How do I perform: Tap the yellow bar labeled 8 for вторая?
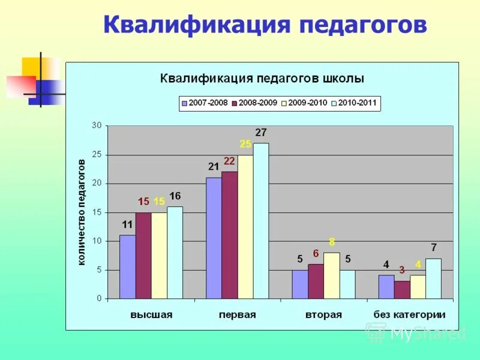[331, 275]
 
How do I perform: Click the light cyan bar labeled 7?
[433, 278]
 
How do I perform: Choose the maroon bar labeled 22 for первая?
[229, 235]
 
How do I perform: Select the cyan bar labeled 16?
[175, 253]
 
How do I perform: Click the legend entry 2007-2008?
[204, 103]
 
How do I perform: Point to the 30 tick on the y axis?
[97, 125]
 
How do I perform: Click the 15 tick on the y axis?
[97, 212]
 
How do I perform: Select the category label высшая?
[151, 314]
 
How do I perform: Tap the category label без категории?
[409, 314]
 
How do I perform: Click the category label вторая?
[323, 314]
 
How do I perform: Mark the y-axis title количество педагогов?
[82, 212]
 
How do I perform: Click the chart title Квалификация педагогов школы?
[262, 79]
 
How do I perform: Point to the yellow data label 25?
[245, 144]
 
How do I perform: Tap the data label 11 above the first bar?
[127, 224]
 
